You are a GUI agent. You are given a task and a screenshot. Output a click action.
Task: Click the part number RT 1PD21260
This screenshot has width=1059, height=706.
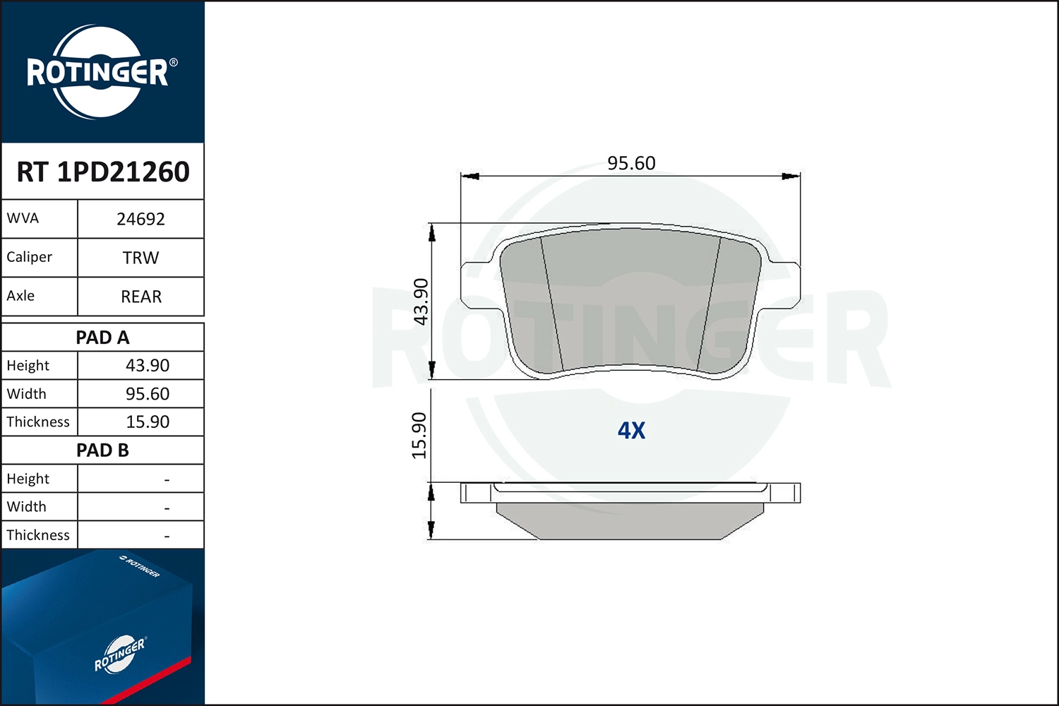103,172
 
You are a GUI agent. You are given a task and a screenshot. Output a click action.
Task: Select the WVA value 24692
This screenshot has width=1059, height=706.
141,219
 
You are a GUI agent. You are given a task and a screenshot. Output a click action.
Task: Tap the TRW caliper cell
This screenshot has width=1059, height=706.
141,258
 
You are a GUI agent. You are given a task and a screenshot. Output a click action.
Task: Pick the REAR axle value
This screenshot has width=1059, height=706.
141,297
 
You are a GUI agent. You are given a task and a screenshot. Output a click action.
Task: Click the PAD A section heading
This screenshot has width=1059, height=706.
102,337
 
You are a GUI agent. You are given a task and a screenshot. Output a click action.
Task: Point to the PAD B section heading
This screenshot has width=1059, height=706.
102,450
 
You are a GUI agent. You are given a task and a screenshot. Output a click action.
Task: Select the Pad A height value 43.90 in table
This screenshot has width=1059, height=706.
148,366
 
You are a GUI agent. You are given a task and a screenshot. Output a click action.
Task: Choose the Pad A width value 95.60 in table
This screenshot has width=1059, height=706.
148,394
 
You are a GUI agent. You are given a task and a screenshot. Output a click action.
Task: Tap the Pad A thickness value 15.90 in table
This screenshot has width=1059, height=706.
148,421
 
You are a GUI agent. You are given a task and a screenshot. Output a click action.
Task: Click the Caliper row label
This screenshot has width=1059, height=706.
30,257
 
